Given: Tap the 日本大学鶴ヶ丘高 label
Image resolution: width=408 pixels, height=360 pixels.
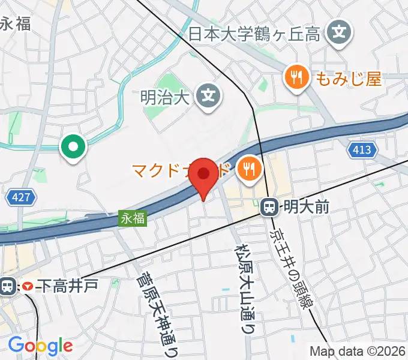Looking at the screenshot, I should click(254, 34).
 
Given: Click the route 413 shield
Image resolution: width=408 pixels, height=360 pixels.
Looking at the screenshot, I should click(362, 150).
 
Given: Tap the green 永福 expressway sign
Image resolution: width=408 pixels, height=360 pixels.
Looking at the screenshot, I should click(133, 218).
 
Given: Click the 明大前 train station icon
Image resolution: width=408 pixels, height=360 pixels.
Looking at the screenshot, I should click(270, 208).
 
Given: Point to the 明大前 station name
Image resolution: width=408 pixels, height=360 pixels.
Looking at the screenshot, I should click(306, 208).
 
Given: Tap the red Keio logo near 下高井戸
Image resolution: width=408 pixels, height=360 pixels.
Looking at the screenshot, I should click(27, 287).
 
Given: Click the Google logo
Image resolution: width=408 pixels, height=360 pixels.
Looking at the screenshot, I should click(40, 346).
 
